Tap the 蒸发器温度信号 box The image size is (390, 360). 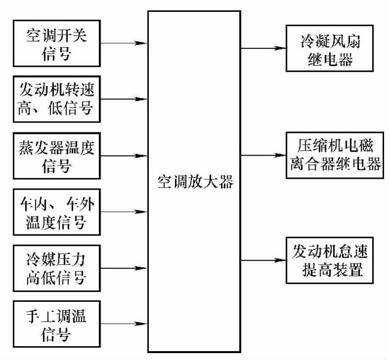click(x=56, y=157)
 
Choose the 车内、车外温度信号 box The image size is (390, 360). click(x=56, y=213)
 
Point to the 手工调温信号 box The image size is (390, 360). click(x=56, y=324)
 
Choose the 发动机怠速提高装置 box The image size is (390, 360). click(x=330, y=261)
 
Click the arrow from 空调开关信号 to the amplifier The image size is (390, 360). click(x=124, y=43)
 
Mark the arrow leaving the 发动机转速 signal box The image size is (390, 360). click(x=124, y=99)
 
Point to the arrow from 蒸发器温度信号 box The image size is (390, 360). click(x=124, y=156)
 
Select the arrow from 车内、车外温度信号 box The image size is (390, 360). click(x=124, y=212)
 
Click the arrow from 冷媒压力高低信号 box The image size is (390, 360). click(x=124, y=268)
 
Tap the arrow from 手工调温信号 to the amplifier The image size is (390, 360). click(x=124, y=324)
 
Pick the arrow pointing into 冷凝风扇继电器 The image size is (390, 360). click(x=263, y=49)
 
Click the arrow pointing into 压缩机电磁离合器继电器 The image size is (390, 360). click(x=263, y=156)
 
